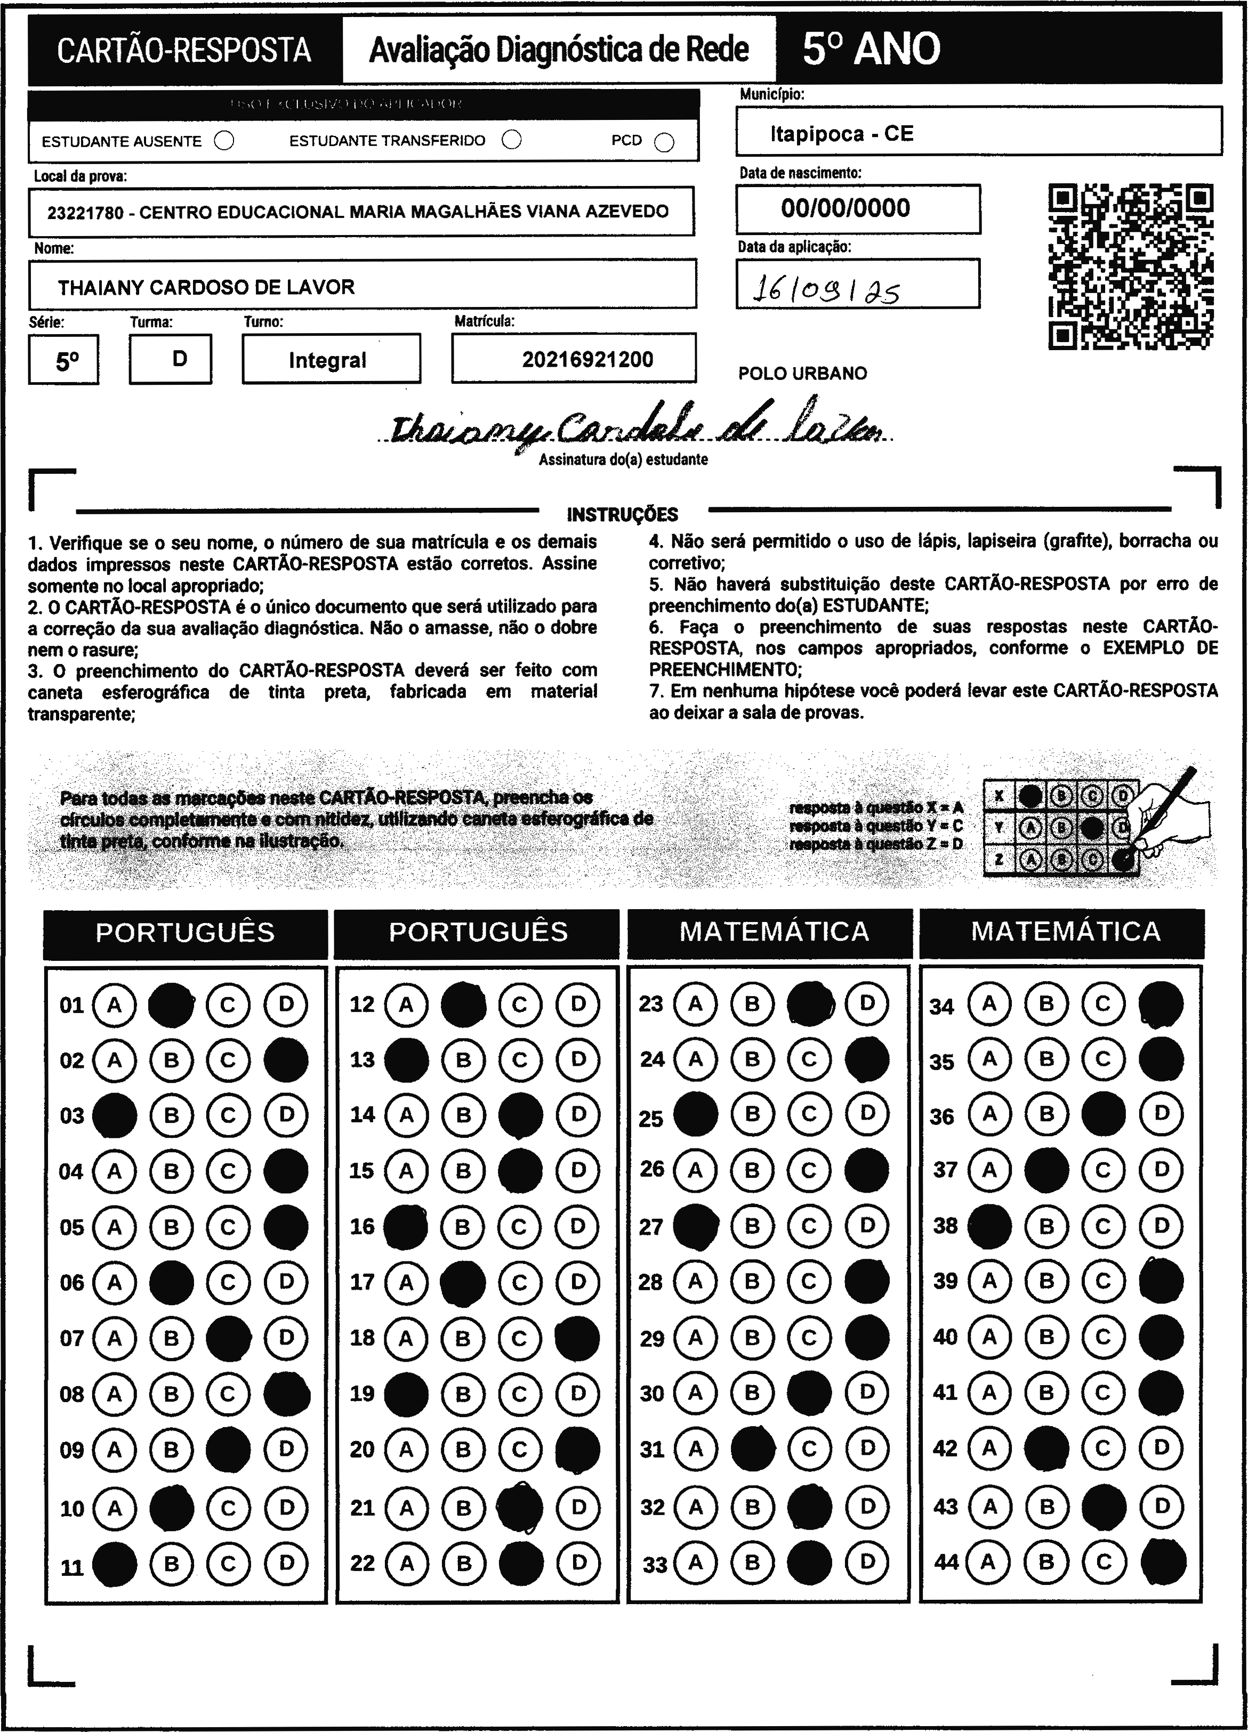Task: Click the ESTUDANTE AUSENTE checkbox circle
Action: click(224, 141)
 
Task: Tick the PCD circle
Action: click(664, 143)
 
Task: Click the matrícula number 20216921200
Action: click(587, 360)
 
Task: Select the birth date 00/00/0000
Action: click(845, 208)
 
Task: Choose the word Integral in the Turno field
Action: click(328, 360)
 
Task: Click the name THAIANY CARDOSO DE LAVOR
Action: click(206, 288)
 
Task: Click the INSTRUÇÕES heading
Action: click(623, 515)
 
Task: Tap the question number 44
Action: click(946, 1563)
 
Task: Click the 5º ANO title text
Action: click(871, 50)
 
